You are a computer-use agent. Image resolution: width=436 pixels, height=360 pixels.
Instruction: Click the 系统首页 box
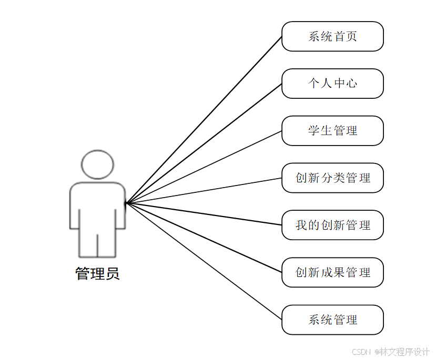pos(332,36)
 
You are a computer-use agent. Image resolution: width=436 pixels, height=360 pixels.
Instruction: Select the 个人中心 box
pos(332,84)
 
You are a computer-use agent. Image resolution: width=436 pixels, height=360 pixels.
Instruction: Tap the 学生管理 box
pos(332,131)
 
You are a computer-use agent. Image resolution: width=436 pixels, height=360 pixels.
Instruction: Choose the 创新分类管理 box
pos(332,178)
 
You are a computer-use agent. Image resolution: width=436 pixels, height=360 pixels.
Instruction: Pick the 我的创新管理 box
pos(332,225)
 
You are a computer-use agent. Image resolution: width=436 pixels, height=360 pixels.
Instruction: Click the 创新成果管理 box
pos(332,273)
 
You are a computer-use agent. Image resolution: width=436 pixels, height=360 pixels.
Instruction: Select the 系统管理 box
pos(332,320)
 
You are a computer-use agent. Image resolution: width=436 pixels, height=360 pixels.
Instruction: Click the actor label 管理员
pos(97,274)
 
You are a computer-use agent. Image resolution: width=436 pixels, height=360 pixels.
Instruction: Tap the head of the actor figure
pos(98,164)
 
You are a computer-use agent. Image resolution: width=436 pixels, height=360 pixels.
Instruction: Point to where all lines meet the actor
pos(126,202)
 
